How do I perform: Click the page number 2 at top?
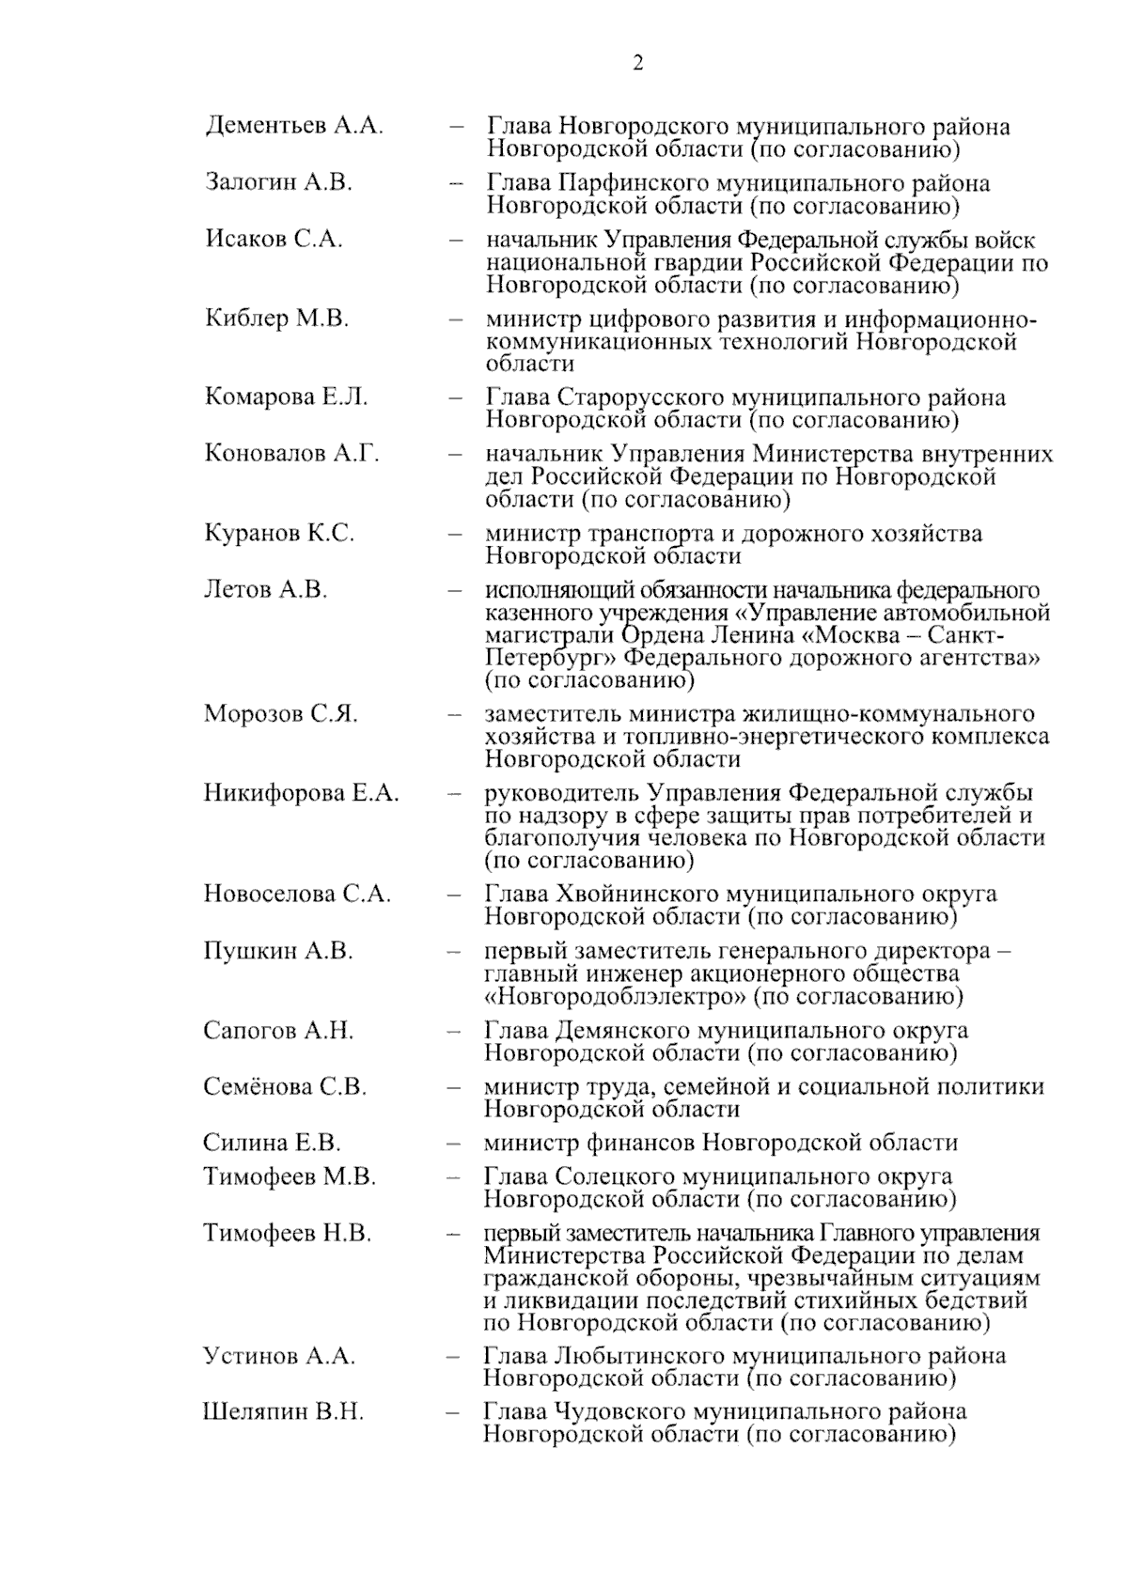point(638,63)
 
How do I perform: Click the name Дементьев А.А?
point(293,126)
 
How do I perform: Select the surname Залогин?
point(250,182)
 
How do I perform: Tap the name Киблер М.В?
point(276,318)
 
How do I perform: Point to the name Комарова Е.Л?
point(286,397)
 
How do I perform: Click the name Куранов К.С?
point(279,533)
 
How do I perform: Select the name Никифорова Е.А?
point(301,793)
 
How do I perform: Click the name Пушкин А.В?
point(277,950)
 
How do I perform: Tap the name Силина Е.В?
point(272,1143)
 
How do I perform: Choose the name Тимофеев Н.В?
point(287,1233)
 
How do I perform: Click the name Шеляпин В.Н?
point(283,1411)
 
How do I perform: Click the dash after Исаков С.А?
point(456,240)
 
